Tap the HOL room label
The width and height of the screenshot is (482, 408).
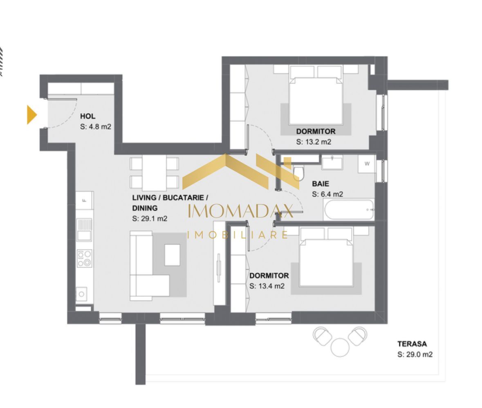pos(88,117)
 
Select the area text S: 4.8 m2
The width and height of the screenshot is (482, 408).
pos(96,127)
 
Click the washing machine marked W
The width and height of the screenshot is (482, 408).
pos(367,164)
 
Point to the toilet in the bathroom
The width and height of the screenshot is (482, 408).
pos(298,173)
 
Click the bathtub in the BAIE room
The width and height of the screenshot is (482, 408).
pos(349,209)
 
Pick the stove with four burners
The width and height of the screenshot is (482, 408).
pos(85,258)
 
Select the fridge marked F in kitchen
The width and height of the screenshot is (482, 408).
pos(85,200)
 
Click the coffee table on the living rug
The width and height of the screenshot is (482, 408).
pos(172,255)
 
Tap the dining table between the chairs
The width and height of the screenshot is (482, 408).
pos(154,173)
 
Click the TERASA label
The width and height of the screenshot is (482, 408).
pos(413,344)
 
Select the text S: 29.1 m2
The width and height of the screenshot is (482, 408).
pos(150,219)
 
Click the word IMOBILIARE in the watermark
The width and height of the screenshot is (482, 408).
pos(238,235)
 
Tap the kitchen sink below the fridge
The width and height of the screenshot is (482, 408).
pos(85,235)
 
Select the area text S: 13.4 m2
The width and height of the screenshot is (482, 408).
pos(267,286)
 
